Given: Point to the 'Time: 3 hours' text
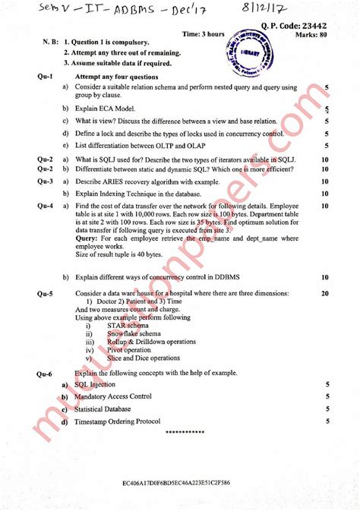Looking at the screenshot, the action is tap(204, 35).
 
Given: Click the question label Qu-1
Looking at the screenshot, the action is tap(45, 77).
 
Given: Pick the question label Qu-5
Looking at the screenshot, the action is tap(45, 292).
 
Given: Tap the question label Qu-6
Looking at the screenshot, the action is tap(45, 375).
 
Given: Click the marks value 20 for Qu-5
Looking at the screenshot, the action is tap(325, 292).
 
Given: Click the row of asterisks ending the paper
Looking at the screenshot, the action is tap(185, 432).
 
